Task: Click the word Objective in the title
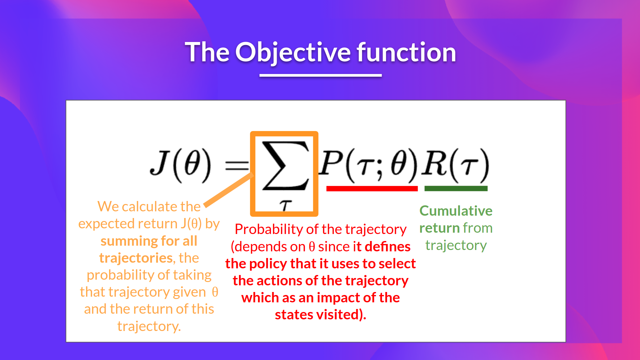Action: click(x=293, y=53)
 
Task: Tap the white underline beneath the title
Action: click(x=321, y=75)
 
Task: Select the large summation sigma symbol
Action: click(x=286, y=166)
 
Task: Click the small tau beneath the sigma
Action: click(x=285, y=206)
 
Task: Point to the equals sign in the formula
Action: click(x=237, y=165)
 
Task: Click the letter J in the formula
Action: click(x=159, y=163)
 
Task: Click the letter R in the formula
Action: click(x=434, y=162)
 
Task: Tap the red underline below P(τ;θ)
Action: click(x=372, y=189)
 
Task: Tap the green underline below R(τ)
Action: click(x=456, y=189)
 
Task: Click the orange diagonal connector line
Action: click(x=229, y=190)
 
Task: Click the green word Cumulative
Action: click(x=456, y=211)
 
